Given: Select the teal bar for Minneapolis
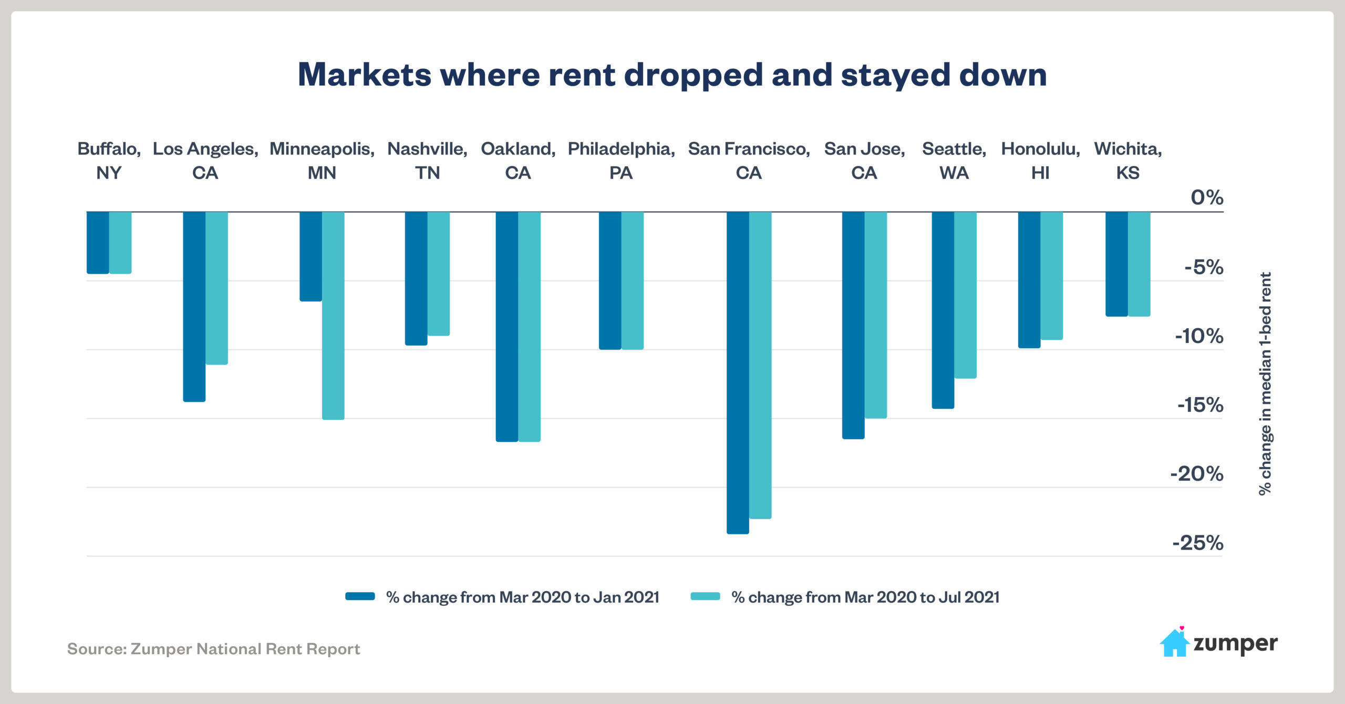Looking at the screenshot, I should (333, 315).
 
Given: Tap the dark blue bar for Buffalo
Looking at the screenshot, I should (98, 242).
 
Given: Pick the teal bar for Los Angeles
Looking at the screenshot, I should (216, 288).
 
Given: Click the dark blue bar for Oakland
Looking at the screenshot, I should (507, 326).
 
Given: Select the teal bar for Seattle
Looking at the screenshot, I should (965, 295).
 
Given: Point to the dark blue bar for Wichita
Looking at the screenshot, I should (1116, 264).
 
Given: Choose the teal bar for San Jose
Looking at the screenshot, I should (876, 315).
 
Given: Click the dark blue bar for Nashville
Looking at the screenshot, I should (416, 278).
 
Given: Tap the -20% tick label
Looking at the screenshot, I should (1196, 474).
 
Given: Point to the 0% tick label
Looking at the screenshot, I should (1207, 198).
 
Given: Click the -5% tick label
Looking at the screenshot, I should (1203, 267).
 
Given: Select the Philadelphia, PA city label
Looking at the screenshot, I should (621, 160).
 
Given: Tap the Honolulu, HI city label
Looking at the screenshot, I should (1040, 160).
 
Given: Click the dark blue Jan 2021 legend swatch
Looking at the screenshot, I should (360, 596).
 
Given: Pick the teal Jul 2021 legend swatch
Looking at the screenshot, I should (705, 596).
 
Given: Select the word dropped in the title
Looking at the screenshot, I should (693, 75).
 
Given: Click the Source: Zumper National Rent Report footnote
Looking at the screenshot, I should (213, 649).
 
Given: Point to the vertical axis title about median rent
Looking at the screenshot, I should (1265, 384).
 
